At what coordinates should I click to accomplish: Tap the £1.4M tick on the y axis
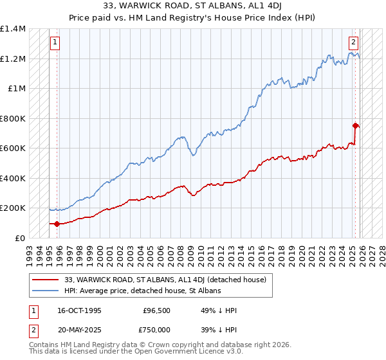13,29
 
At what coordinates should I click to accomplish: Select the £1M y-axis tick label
17,89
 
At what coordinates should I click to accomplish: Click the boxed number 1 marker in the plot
55,43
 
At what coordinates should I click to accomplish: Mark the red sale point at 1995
57,224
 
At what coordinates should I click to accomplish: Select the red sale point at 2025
356,126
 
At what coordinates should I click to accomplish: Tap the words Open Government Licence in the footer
169,353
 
